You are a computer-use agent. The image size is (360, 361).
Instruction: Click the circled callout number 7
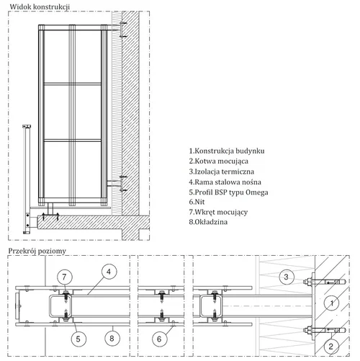point(64,277)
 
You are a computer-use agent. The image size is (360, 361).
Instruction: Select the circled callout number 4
point(109,272)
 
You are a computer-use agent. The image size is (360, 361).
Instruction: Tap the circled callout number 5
point(78,339)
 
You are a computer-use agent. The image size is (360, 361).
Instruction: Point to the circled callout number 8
point(112,339)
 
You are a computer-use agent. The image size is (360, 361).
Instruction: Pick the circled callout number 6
point(159,339)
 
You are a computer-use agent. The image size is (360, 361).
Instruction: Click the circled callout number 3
point(286,277)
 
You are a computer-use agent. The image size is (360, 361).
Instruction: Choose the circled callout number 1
point(331,303)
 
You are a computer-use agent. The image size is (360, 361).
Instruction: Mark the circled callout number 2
point(331,347)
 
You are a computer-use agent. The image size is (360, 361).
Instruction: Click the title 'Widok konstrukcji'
point(40,6)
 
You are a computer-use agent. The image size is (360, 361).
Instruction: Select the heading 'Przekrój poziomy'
point(37,251)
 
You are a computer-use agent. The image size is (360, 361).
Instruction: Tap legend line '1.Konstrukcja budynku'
point(227,151)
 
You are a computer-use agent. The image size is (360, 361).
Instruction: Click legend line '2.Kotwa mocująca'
point(218,161)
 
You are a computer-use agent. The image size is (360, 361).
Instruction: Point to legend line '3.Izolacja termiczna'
point(221,171)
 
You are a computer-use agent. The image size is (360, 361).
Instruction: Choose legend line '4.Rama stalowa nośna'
point(225,182)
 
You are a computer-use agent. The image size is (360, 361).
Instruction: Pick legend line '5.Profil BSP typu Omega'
point(228,192)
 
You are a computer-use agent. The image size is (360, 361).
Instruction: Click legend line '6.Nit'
point(197,202)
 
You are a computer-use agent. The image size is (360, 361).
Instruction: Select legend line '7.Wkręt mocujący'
point(218,212)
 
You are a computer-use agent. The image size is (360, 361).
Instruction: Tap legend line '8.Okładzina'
point(208,222)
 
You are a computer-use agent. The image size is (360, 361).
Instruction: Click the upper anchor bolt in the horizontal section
point(325,282)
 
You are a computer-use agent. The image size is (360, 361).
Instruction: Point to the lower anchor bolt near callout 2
point(325,331)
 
